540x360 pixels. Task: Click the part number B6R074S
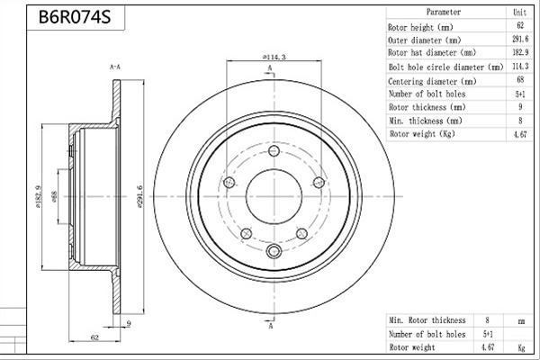pos(75,16)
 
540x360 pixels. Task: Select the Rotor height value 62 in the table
pos(520,25)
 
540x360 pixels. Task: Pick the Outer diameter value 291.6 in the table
pos(520,39)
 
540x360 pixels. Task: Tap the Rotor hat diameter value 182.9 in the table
pos(520,52)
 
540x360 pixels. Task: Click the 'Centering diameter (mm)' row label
pos(432,81)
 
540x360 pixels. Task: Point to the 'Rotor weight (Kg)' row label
pos(422,134)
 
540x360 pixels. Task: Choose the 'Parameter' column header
pos(443,12)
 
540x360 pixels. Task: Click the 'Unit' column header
pos(519,13)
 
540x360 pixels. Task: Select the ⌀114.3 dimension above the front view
pos(274,57)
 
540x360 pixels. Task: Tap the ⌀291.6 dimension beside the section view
pos(139,197)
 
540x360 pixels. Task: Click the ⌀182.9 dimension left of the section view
pos(38,197)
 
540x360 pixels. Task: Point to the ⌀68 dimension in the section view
pos(54,197)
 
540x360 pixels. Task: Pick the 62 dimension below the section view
pos(94,337)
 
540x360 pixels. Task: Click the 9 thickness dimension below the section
pos(129,323)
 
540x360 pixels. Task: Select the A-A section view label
pos(115,67)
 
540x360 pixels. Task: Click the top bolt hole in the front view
pos(274,150)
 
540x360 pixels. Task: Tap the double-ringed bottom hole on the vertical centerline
pos(274,251)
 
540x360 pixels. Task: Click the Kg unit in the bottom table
pos(521,347)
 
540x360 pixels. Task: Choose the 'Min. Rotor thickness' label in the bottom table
pos(427,320)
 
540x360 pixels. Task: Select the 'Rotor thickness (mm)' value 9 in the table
pos(520,107)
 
